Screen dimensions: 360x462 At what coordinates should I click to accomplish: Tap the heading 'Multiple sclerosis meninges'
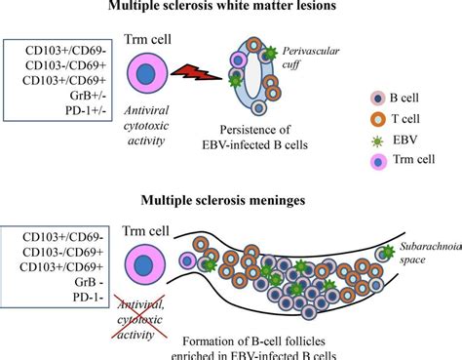click(x=230, y=202)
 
